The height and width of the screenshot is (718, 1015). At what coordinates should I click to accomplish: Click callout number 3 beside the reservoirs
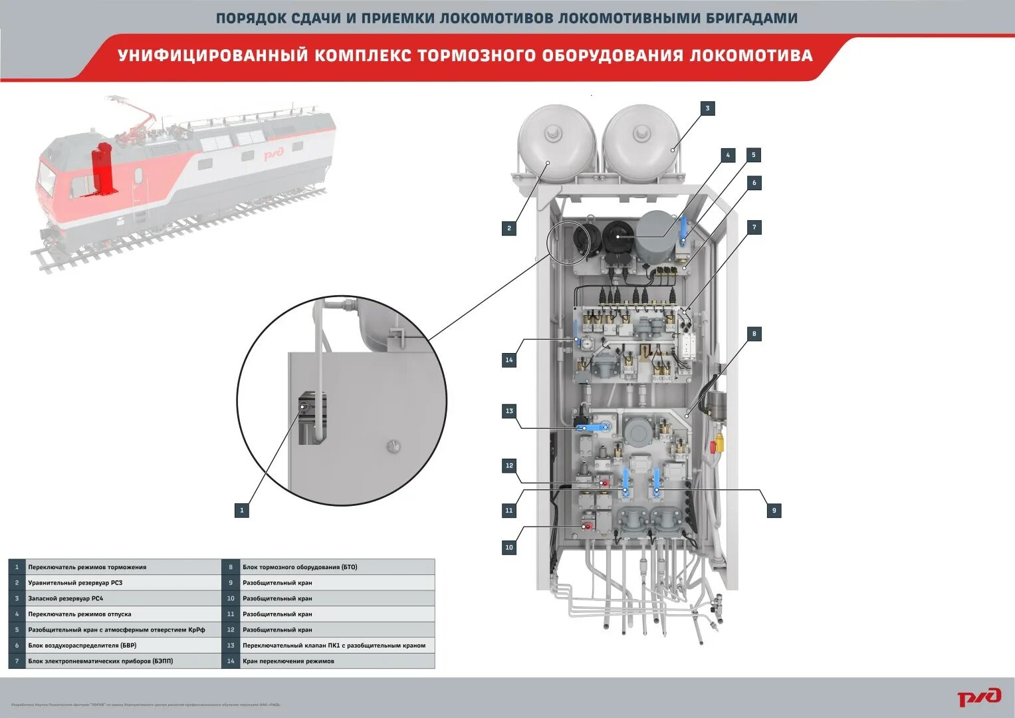click(707, 108)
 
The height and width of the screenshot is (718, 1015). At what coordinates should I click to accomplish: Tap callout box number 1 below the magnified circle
click(242, 511)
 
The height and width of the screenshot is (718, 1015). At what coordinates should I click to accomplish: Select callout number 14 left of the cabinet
click(509, 360)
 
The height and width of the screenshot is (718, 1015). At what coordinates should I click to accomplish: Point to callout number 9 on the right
click(774, 511)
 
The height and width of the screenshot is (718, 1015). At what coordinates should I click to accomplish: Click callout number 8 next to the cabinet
click(754, 334)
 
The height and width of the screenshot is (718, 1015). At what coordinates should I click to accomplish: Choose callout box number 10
click(509, 547)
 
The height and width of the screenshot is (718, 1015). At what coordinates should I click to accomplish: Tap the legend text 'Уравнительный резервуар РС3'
click(75, 583)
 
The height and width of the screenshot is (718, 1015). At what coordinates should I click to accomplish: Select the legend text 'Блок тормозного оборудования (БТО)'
click(300, 567)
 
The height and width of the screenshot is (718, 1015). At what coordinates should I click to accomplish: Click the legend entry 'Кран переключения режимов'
click(288, 661)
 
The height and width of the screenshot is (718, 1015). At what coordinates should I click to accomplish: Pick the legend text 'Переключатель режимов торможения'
click(87, 567)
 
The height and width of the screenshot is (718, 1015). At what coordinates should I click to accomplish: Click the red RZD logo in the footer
click(978, 697)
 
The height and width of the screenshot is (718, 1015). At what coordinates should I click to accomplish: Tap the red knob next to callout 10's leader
click(586, 527)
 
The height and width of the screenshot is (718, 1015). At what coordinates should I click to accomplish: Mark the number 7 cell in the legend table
click(17, 661)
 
